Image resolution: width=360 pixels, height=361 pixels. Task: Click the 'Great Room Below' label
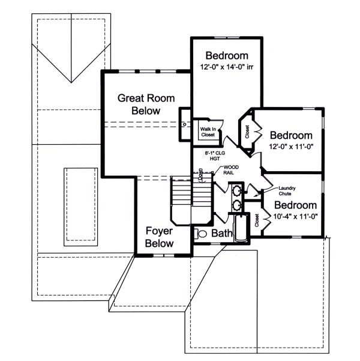[139, 103]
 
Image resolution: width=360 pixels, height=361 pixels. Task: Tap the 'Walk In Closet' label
[208, 131]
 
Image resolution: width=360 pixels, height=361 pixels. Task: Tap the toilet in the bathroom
[202, 233]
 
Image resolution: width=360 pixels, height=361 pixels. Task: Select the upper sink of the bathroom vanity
[238, 192]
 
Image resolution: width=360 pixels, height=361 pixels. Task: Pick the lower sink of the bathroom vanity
[238, 205]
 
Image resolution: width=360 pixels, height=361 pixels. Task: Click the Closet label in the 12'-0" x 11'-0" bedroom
[247, 130]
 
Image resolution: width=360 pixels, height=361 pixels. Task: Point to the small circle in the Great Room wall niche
[184, 124]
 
